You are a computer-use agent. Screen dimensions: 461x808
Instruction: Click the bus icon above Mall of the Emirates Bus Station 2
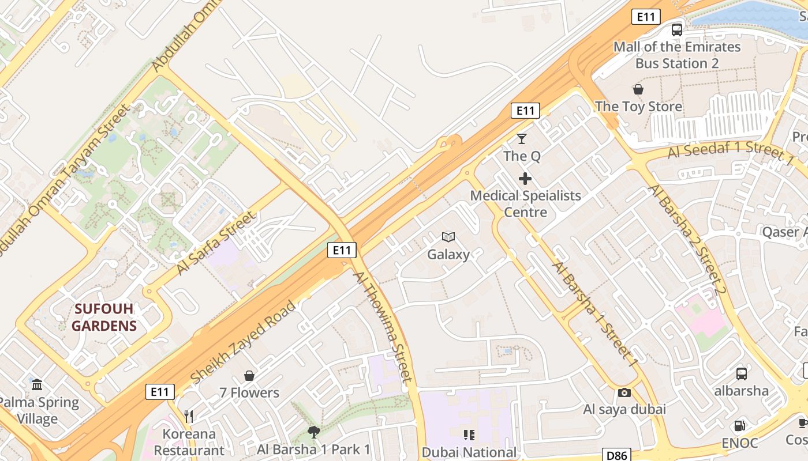pos(677,30)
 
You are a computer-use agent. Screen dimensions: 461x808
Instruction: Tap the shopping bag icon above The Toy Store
pos(638,89)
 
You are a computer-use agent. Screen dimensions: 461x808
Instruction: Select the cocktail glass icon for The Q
pos(522,139)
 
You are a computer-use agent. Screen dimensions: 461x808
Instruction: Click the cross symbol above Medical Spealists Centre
pos(525,179)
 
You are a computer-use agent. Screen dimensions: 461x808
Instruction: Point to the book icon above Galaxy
pos(448,237)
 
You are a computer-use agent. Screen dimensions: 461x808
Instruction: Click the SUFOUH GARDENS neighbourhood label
pos(104,317)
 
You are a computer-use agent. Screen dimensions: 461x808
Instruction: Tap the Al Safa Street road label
pos(215,243)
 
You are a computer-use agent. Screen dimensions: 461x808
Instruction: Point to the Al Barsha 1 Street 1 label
pos(595,315)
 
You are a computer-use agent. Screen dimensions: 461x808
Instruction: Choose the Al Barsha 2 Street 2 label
pos(686,240)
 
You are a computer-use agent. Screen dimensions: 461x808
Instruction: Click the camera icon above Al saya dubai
pos(624,392)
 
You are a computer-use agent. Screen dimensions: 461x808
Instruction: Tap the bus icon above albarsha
pos(742,373)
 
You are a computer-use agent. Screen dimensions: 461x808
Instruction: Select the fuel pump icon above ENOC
pos(739,426)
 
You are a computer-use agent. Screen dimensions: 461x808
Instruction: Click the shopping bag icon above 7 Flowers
pos(249,376)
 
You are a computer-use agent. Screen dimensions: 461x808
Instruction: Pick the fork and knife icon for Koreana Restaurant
pos(189,416)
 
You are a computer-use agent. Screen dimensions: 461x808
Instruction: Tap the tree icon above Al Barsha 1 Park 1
pos(314,432)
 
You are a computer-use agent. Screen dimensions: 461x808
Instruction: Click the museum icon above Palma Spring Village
pos(38,384)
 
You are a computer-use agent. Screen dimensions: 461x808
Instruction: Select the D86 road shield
pos(616,455)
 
